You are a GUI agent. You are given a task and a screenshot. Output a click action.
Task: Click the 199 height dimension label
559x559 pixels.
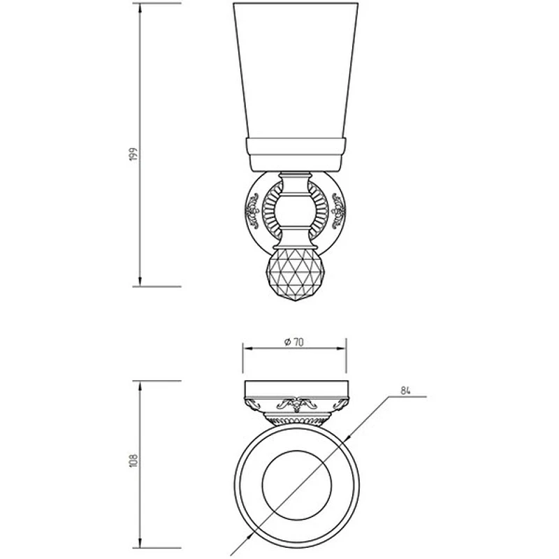(x=133, y=154)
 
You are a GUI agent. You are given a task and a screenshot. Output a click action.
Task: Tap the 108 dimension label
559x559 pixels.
(x=133, y=460)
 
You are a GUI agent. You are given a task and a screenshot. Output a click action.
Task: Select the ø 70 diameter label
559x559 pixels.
(x=293, y=342)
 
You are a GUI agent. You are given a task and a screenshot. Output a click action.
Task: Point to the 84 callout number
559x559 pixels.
(x=405, y=391)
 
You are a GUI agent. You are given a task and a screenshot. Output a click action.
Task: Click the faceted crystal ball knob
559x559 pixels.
(x=295, y=275)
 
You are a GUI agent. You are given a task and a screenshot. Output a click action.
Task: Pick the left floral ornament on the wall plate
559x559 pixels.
(x=252, y=211)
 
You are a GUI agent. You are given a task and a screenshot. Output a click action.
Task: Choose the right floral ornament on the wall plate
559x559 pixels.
(x=338, y=211)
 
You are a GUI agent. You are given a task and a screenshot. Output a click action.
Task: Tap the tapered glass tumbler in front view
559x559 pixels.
(x=296, y=70)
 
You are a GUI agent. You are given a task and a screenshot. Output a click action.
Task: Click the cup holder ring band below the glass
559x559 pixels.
(x=296, y=154)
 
